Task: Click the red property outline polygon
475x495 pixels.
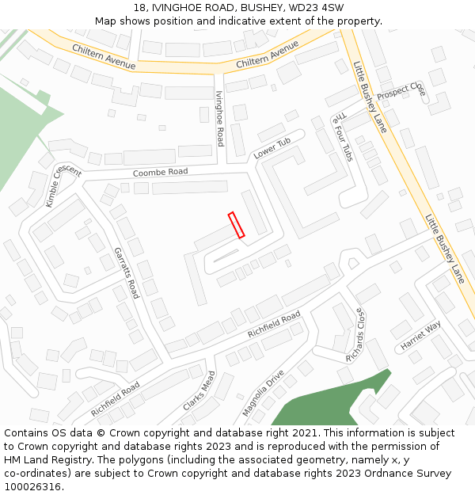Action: pyautogui.click(x=236, y=225)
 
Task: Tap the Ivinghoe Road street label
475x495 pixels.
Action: pyautogui.click(x=220, y=118)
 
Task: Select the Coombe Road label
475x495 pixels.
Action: pyautogui.click(x=160, y=172)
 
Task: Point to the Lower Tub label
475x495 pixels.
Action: pyautogui.click(x=272, y=148)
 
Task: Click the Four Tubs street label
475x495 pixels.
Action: pyautogui.click(x=343, y=136)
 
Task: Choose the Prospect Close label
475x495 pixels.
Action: pyautogui.click(x=401, y=91)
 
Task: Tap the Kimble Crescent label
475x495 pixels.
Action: pyautogui.click(x=63, y=187)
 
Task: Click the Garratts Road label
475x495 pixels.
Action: pyautogui.click(x=126, y=272)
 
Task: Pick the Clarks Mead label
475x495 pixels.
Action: pyautogui.click(x=199, y=391)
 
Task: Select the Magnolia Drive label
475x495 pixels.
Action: pyautogui.click(x=263, y=393)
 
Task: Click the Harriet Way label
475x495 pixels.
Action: pyautogui.click(x=420, y=336)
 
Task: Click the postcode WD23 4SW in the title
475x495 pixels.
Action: pyautogui.click(x=320, y=7)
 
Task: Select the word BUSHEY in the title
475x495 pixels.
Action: pyautogui.click(x=245, y=7)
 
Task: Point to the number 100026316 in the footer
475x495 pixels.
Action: pyautogui.click(x=32, y=487)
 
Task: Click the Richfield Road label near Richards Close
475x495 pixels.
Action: pyautogui.click(x=274, y=325)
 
